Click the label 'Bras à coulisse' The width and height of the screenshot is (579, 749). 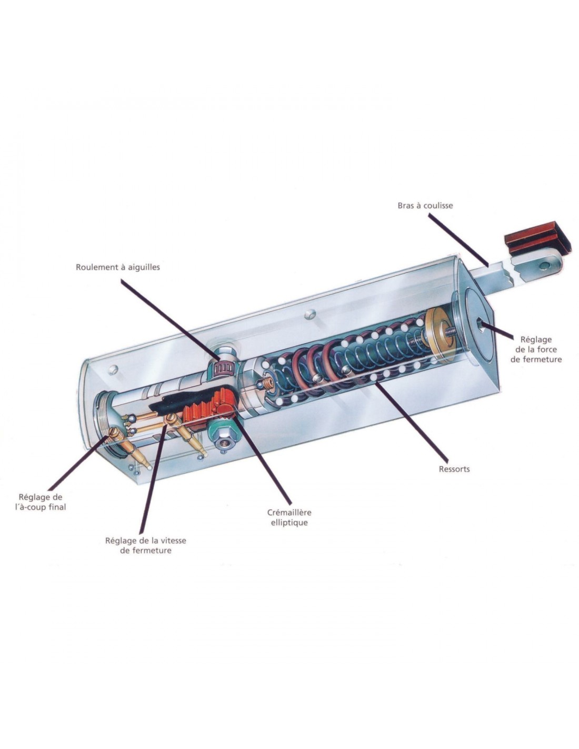(x=425, y=205)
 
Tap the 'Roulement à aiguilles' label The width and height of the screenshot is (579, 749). (x=118, y=267)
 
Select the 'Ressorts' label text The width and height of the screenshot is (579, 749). (x=454, y=469)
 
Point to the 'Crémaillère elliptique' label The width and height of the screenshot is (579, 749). (x=289, y=517)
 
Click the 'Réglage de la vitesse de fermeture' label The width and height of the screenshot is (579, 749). (x=145, y=545)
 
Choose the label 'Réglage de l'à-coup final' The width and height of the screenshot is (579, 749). (x=41, y=502)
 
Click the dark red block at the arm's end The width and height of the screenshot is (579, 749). (x=537, y=238)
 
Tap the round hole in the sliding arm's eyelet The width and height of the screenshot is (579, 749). (x=544, y=265)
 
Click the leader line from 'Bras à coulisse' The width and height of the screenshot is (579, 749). (x=458, y=240)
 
